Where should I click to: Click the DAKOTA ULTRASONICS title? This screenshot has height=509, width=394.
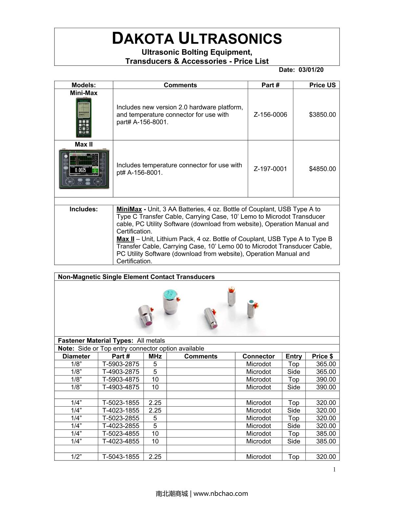tap(197, 38)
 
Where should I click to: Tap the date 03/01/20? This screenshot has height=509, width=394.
tap(311, 70)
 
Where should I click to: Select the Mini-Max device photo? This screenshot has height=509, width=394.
tap(84, 117)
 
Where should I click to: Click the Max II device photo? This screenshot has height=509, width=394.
tap(84, 169)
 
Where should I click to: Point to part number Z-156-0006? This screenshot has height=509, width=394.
tap(270, 114)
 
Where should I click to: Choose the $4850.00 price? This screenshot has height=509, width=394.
tap(322, 169)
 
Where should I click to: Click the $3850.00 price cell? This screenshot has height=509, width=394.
tap(322, 114)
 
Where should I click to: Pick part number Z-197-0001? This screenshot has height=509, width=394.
tap(270, 169)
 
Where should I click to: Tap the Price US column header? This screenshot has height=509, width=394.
tap(322, 85)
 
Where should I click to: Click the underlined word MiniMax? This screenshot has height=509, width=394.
tap(129, 209)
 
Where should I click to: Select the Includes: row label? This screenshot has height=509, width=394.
tap(83, 209)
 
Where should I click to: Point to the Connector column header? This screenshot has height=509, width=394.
tap(258, 356)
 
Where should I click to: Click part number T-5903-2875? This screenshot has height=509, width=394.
tap(121, 364)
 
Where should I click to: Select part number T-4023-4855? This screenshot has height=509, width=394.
tap(121, 441)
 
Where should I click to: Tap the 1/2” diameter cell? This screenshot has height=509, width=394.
tap(76, 457)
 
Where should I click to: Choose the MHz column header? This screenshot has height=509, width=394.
tap(155, 356)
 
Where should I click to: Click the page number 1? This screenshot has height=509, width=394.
tap(334, 470)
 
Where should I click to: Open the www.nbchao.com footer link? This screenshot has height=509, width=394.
tap(221, 493)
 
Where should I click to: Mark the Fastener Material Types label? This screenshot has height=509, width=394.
tap(96, 340)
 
